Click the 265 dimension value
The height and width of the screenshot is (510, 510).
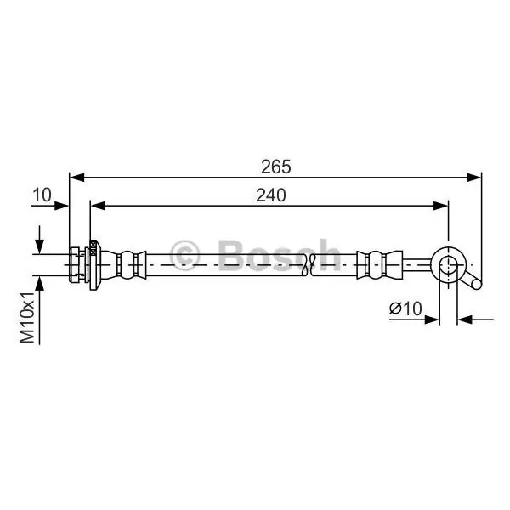[x=275, y=167]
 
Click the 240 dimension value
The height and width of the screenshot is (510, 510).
[x=270, y=195]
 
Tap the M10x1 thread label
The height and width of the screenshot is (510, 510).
[x=27, y=317]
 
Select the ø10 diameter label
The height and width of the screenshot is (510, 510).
[x=405, y=308]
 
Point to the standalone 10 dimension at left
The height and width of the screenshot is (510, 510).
[x=42, y=195]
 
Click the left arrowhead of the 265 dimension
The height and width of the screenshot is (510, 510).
[x=77, y=178]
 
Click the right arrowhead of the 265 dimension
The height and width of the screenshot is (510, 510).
[x=474, y=178]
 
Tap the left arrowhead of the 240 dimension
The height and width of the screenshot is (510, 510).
[x=99, y=206]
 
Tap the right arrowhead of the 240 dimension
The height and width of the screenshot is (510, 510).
[x=440, y=206]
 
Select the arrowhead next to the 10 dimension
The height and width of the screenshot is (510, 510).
[x=61, y=206]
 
